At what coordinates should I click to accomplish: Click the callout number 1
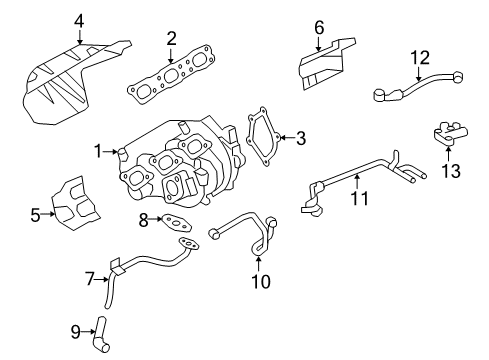click(98, 152)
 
